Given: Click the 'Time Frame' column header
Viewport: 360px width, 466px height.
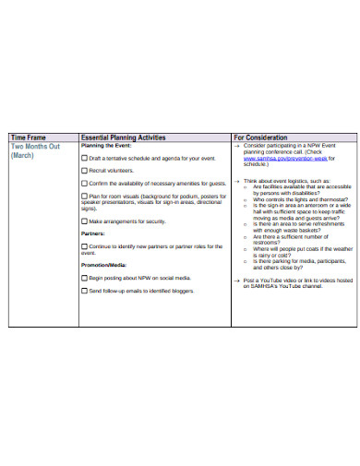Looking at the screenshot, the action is click(28, 137).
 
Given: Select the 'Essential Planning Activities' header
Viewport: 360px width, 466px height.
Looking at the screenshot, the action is click(123, 137).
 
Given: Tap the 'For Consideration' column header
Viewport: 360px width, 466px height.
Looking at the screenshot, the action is click(260, 137).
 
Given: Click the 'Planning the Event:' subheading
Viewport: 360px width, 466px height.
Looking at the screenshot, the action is click(107, 146).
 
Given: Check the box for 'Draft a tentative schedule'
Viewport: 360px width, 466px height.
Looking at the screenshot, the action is click(85, 159).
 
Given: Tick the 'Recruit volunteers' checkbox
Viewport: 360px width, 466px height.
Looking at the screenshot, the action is click(85, 171).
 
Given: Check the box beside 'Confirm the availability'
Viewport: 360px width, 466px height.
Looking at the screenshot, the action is click(85, 184).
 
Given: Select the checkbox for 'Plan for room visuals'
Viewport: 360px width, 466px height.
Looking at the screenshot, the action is click(85, 197).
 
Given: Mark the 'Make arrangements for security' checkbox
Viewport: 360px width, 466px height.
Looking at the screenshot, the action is click(85, 221).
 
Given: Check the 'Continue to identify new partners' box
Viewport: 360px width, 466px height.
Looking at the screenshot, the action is click(85, 247).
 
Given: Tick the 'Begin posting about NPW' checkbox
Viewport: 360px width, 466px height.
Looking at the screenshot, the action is click(85, 278).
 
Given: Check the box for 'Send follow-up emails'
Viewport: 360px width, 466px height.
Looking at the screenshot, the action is click(85, 291).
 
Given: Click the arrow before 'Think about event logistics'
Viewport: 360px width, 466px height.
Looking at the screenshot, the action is click(236, 181).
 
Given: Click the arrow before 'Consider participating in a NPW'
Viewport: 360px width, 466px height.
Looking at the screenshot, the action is click(236, 146).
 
